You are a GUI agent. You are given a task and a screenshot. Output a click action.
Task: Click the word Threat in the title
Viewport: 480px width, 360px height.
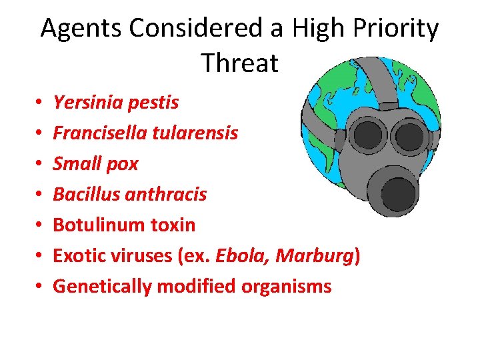[239, 63]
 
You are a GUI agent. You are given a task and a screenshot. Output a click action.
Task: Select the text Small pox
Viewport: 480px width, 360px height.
[95, 164]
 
